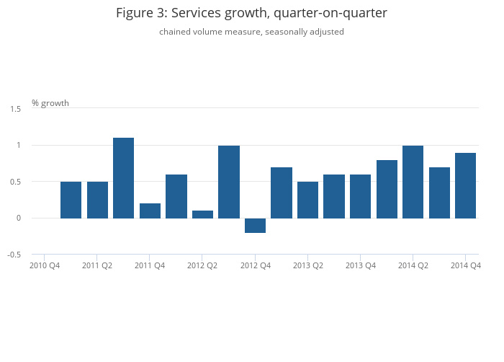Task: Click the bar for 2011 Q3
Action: click(x=123, y=177)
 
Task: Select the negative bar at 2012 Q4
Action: click(x=255, y=226)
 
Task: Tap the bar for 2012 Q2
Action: click(x=202, y=214)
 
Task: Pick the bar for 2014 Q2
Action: click(x=413, y=182)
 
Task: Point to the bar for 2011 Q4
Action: click(x=150, y=211)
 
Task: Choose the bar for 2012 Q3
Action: click(x=229, y=182)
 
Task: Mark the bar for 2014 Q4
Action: click(x=465, y=185)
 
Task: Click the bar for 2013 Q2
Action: click(x=307, y=200)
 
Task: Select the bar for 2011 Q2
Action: click(x=97, y=200)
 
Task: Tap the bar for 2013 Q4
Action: click(x=360, y=196)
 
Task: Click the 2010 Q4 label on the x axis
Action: click(x=45, y=265)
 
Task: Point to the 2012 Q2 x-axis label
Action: click(x=202, y=265)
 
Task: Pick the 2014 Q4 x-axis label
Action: click(x=465, y=265)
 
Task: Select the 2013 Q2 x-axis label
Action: click(x=307, y=265)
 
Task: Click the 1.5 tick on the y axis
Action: click(x=16, y=109)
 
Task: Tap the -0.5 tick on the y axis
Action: click(x=14, y=255)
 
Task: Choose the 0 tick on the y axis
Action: click(x=19, y=218)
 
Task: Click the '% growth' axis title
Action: click(x=50, y=103)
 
